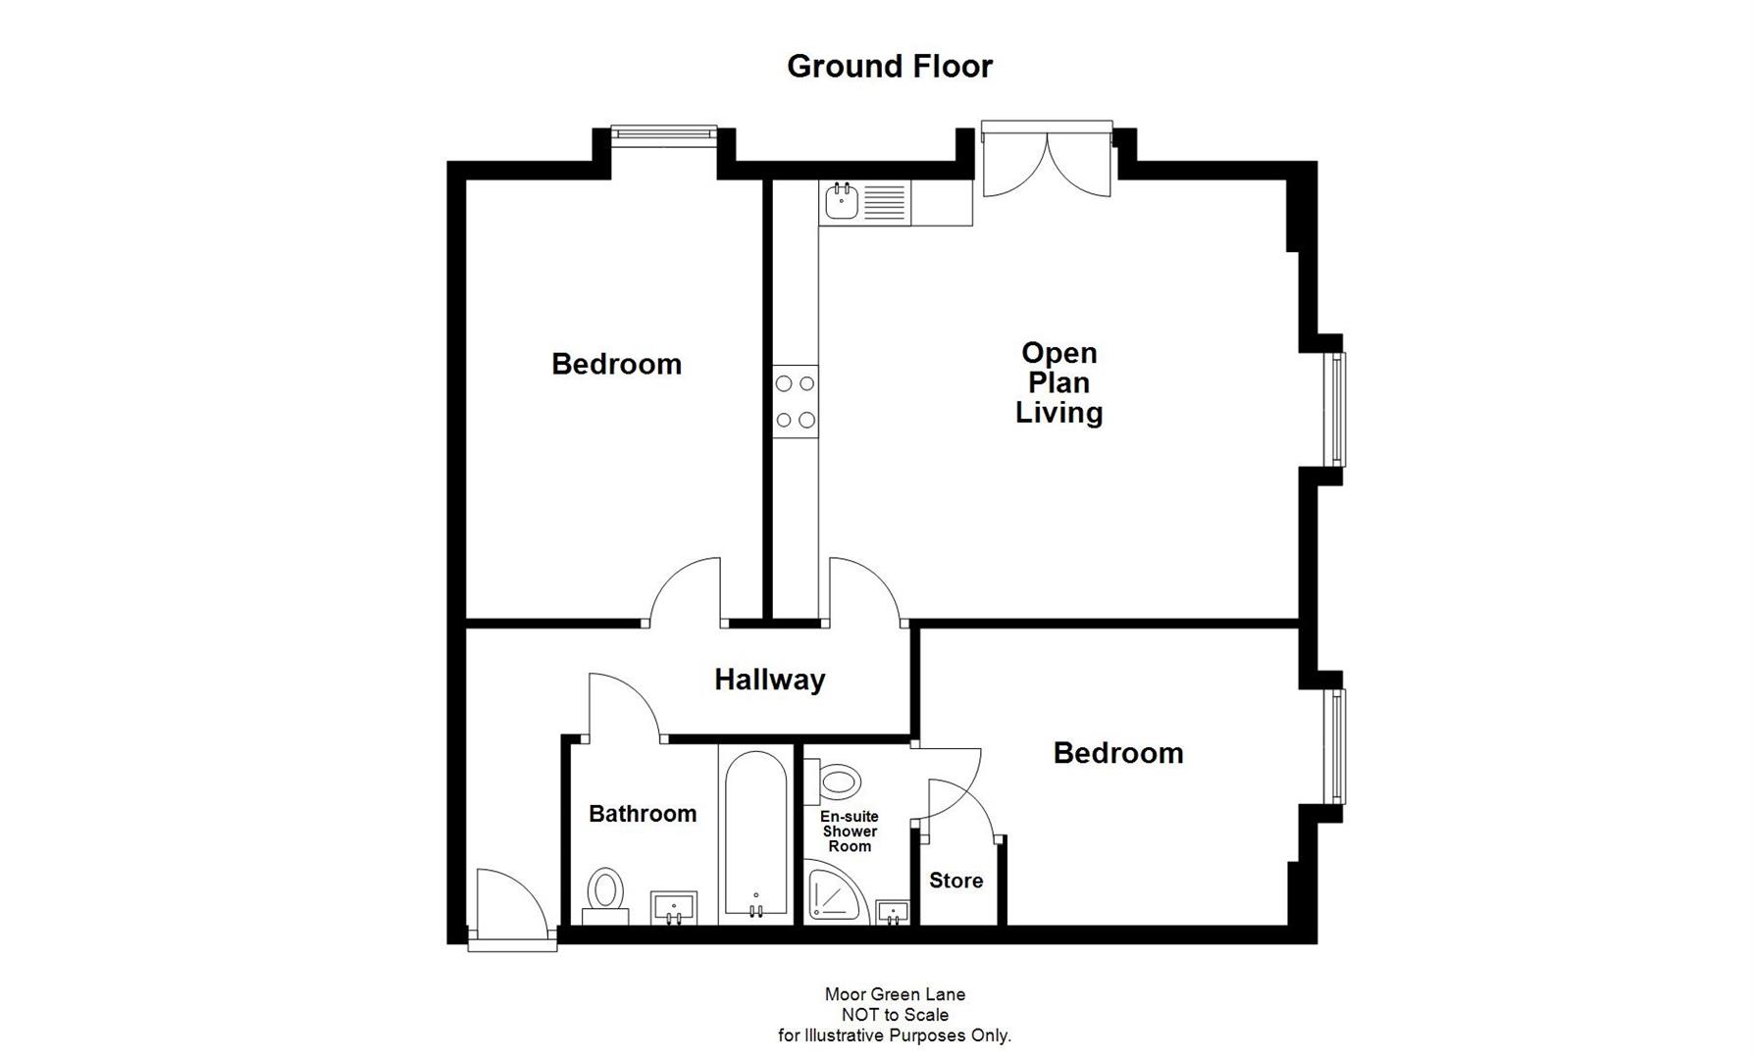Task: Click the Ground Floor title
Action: pyautogui.click(x=889, y=66)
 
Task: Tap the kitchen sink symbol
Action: pyautogui.click(x=842, y=202)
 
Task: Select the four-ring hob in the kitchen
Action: pyautogui.click(x=795, y=401)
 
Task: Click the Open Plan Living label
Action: pyautogui.click(x=1058, y=382)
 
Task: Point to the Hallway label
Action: pyautogui.click(x=769, y=680)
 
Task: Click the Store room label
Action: pyautogui.click(x=955, y=881)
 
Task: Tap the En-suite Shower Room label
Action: pyautogui.click(x=850, y=832)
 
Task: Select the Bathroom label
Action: pyautogui.click(x=643, y=814)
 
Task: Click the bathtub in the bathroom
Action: pyautogui.click(x=755, y=833)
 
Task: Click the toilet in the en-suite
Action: pyautogui.click(x=840, y=782)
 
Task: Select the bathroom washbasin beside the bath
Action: pyautogui.click(x=674, y=907)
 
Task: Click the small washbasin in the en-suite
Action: pyautogui.click(x=893, y=912)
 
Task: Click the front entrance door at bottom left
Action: pyautogui.click(x=510, y=912)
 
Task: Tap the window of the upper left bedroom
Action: pyautogui.click(x=664, y=132)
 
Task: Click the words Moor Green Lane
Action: pyautogui.click(x=895, y=994)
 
